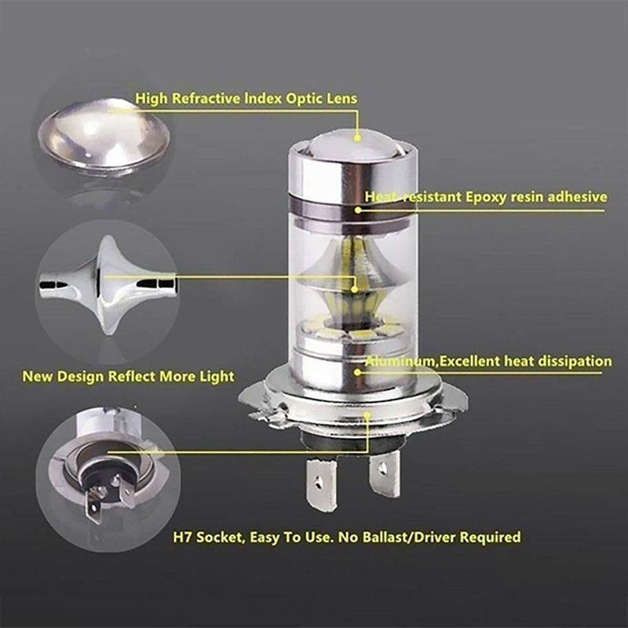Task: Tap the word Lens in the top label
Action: pos(342,99)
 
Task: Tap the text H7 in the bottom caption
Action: pos(182,538)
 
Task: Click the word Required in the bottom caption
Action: pos(491,538)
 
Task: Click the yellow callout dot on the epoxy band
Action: pos(359,209)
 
